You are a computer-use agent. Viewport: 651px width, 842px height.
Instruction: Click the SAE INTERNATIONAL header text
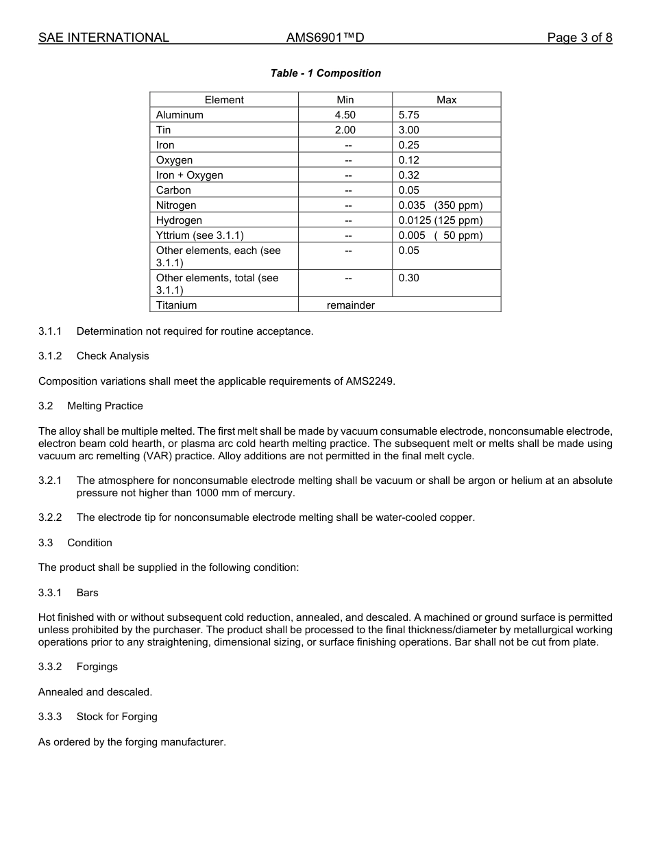click(x=103, y=38)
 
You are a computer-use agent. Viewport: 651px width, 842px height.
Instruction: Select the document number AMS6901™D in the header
click(x=325, y=38)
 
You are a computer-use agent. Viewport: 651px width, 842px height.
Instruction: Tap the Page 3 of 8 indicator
click(x=579, y=38)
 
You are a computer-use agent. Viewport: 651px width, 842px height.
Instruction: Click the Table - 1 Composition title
click(x=325, y=73)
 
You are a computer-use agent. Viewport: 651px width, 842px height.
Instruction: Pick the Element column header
click(x=224, y=100)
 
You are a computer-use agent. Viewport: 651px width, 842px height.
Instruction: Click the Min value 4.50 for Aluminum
click(x=345, y=115)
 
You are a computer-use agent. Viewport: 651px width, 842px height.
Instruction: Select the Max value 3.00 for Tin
click(x=409, y=130)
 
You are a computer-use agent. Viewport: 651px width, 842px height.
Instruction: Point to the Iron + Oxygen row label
click(x=190, y=175)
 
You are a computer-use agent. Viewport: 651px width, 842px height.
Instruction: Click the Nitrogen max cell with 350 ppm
click(x=441, y=205)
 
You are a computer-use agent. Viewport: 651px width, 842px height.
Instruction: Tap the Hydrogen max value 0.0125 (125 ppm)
click(x=441, y=220)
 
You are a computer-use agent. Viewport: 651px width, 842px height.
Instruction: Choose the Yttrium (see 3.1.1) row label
click(x=200, y=235)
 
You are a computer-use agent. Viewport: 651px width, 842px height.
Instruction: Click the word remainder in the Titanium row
click(x=350, y=305)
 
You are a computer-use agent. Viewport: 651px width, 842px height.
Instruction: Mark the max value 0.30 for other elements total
click(x=409, y=278)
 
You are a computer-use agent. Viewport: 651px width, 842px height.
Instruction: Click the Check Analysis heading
click(x=112, y=356)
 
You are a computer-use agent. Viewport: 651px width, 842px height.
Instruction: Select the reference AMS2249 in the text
click(x=370, y=381)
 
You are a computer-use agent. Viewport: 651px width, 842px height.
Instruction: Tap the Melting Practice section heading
click(x=105, y=406)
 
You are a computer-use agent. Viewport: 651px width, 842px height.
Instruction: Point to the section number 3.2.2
click(x=50, y=518)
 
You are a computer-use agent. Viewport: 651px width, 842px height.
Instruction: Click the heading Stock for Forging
click(x=116, y=717)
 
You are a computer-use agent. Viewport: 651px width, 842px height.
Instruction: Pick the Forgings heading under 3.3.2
click(x=97, y=667)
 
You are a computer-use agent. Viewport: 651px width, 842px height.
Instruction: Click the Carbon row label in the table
click(x=173, y=190)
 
